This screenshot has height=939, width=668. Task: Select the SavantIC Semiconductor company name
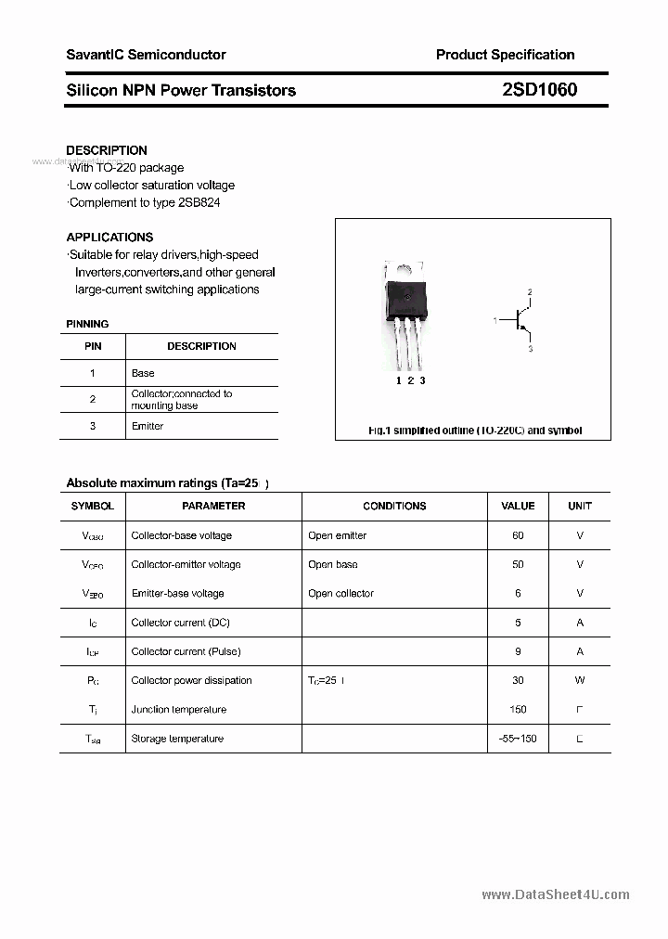pos(146,55)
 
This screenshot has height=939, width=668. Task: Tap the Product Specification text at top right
pos(505,55)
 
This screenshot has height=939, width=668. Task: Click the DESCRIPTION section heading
pos(107,150)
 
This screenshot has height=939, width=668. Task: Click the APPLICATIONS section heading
pos(109,237)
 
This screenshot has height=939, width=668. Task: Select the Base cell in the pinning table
pos(143,373)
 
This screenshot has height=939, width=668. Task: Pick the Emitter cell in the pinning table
pos(148,426)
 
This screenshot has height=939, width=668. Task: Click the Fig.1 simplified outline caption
pos(475,431)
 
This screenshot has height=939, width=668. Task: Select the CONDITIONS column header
pos(394,506)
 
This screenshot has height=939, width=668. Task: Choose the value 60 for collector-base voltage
pos(518,535)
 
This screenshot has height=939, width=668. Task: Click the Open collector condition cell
pos(340,593)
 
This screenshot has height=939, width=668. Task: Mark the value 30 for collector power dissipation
pos(518,680)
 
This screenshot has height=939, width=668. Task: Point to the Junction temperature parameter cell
pos(178,709)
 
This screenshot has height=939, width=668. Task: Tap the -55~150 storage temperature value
pos(518,739)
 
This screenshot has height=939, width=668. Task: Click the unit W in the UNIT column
pos(580,680)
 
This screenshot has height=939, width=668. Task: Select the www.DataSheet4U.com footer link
pos(556,895)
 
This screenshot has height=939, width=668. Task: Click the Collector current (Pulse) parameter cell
pos(186,651)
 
